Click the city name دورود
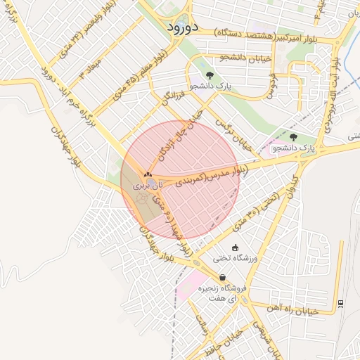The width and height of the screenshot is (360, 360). [184, 26]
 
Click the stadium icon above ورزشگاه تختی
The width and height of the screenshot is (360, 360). [234, 247]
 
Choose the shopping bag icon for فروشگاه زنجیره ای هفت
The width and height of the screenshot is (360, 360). [223, 277]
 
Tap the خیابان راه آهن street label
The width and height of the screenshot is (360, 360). [293, 308]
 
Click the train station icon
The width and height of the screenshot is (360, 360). [341, 302]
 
